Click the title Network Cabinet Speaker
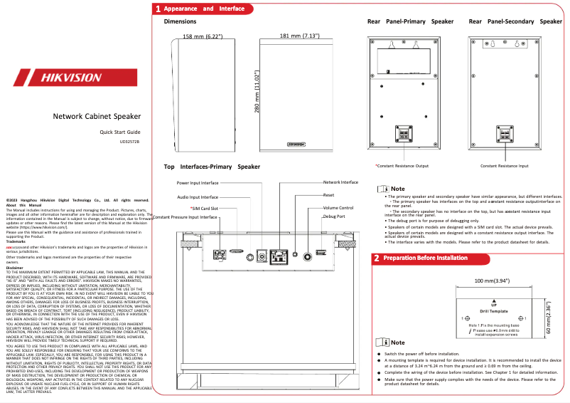[x=97, y=116]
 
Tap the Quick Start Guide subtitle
[x=119, y=132]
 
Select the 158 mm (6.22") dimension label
[x=203, y=36]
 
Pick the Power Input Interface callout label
[x=198, y=183]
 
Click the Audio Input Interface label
[x=198, y=197]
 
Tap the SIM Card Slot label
[x=199, y=208]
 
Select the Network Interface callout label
[x=340, y=182]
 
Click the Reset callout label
[x=328, y=194]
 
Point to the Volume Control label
[x=338, y=207]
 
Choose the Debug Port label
[x=334, y=216]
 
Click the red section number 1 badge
[x=158, y=9]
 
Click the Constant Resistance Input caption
[x=504, y=166]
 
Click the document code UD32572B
[x=130, y=142]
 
